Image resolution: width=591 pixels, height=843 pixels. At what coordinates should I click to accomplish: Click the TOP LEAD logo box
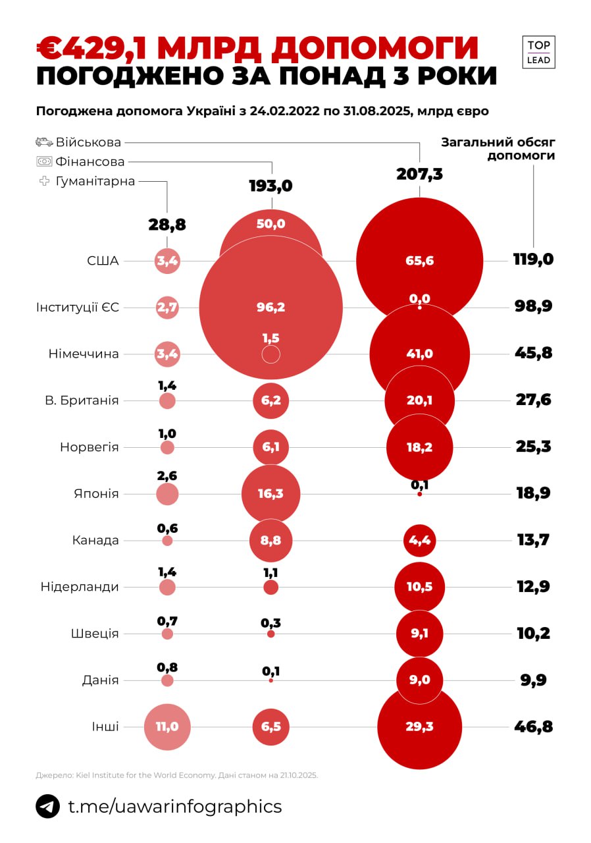point(538,52)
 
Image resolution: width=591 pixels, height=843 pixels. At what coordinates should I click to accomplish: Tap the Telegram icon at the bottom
point(47,806)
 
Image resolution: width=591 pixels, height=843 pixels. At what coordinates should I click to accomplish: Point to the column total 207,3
point(419,174)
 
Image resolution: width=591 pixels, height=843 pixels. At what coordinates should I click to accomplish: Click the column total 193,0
point(270,186)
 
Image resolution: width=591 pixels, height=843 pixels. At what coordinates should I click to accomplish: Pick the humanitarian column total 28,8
point(167,225)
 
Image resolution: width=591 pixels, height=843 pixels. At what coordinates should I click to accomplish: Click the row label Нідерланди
point(80,587)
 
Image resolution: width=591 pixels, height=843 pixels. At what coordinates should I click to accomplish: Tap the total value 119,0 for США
point(533,259)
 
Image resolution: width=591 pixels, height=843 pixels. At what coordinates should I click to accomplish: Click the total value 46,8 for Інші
point(533,727)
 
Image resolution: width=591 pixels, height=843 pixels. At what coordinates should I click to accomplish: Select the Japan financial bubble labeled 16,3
point(270,494)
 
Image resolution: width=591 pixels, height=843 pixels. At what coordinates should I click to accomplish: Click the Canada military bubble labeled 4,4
point(419,541)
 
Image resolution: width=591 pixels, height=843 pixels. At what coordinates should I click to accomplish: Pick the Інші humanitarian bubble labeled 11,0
point(167,727)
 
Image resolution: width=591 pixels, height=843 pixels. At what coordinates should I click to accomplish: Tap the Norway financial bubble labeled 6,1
point(270,447)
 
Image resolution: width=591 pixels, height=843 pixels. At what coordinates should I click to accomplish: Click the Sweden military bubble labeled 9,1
point(419,634)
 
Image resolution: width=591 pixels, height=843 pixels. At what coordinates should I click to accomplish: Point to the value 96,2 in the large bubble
point(270,308)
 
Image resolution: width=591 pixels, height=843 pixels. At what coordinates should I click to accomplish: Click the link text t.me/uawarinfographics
point(175,806)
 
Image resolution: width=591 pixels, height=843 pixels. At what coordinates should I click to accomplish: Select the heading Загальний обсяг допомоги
point(498,149)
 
